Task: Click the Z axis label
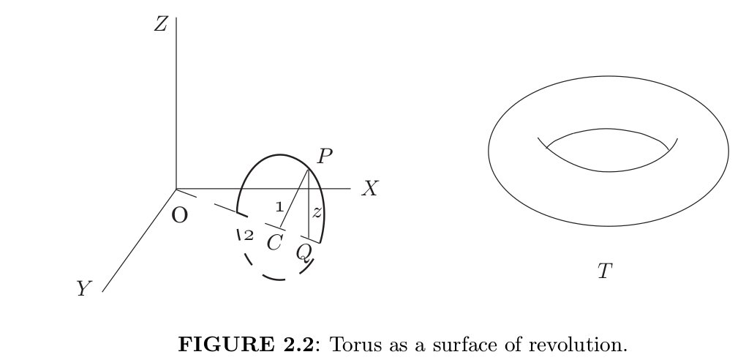click(x=161, y=24)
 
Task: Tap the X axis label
click(x=370, y=190)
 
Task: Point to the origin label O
click(x=179, y=216)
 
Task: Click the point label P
click(x=325, y=156)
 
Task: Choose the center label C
click(x=274, y=242)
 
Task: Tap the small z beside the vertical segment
click(x=317, y=212)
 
